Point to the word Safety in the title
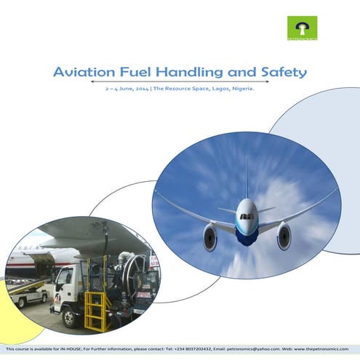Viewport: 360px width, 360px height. [x=284, y=72]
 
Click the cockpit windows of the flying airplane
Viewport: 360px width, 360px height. [x=247, y=216]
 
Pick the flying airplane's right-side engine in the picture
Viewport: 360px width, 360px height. [x=284, y=236]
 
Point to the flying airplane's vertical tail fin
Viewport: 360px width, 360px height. [x=247, y=179]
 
